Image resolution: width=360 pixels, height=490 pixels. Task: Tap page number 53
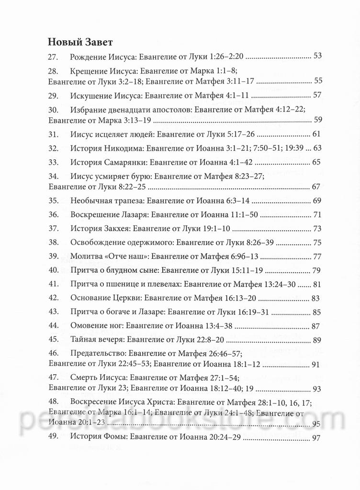[x=316, y=56]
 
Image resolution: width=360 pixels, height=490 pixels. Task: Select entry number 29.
[x=53, y=95]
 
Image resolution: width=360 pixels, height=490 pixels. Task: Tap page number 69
[x=316, y=199]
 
